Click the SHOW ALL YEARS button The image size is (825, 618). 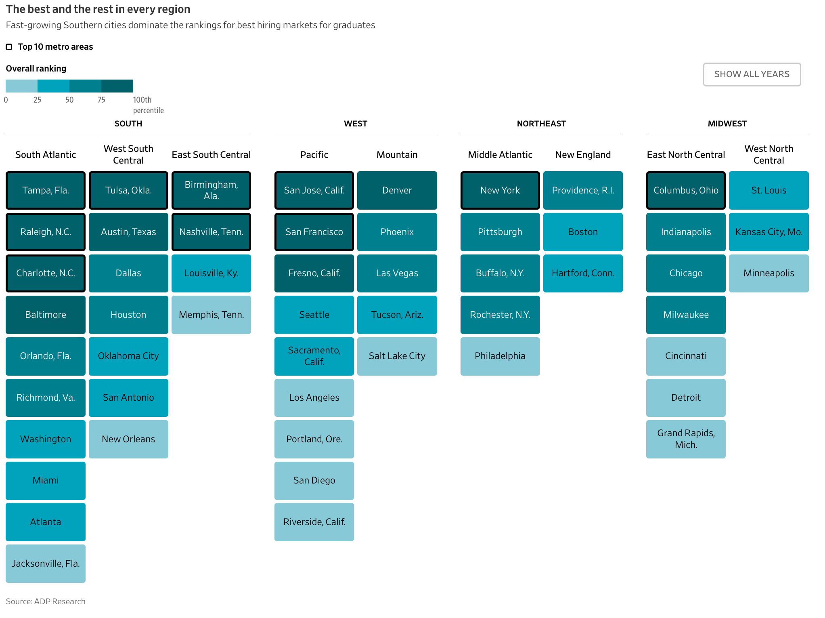point(752,74)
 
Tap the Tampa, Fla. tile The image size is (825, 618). point(46,190)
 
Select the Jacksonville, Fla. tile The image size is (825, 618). point(46,563)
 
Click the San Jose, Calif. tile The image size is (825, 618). point(314,190)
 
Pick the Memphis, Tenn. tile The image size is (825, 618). point(211,315)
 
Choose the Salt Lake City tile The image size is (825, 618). point(397,356)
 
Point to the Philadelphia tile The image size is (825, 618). point(500,356)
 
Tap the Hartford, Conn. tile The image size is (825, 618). point(583,273)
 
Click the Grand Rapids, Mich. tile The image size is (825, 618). point(686,439)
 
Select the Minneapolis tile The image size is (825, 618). point(769,273)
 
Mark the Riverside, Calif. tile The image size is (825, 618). point(314,522)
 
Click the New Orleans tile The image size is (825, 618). point(128,439)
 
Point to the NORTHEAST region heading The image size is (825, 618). point(542,124)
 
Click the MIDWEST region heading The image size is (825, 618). point(727,124)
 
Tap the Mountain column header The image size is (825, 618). point(397,155)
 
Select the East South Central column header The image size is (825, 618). point(211,155)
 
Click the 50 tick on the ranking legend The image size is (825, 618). point(69,100)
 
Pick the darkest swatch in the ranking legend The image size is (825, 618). point(117,86)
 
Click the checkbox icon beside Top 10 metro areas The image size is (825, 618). point(9,47)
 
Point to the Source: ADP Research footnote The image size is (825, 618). point(46,601)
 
